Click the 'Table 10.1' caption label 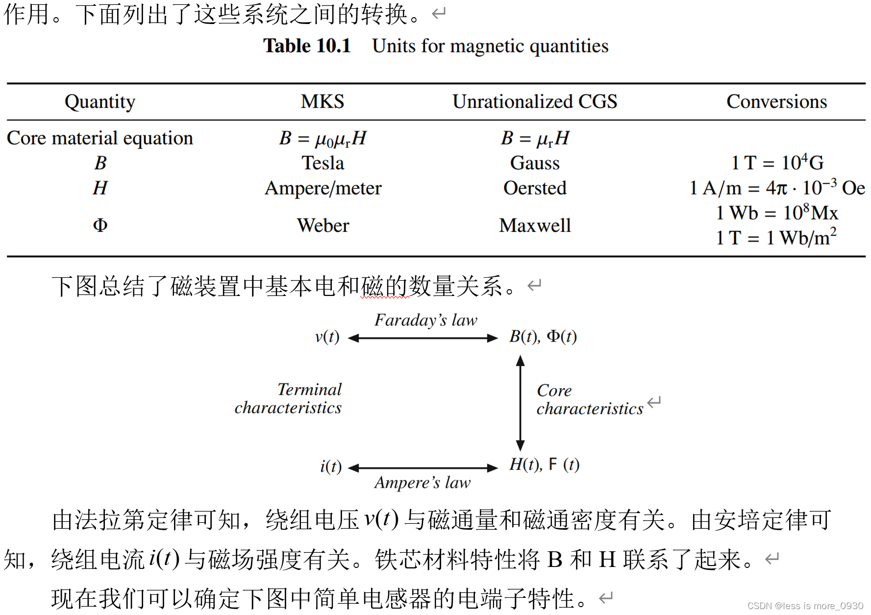coord(307,46)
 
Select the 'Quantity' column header coord(100,102)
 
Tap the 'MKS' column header coord(323,102)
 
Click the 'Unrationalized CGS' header coord(535,102)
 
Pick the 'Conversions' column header coord(776,102)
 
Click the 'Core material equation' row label coord(100,138)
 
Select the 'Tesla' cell coord(323,163)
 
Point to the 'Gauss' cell coord(535,163)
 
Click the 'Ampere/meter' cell coord(323,188)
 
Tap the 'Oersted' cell coord(535,188)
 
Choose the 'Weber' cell coord(323,225)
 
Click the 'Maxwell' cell coord(535,225)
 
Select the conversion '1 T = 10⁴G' coord(777,163)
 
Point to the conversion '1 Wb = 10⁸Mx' coord(777,213)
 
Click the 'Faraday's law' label coord(425,320)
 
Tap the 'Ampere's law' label coord(423,483)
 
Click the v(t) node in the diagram coord(327,337)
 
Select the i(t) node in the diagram coord(331,467)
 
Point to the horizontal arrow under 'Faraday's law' coord(423,338)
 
